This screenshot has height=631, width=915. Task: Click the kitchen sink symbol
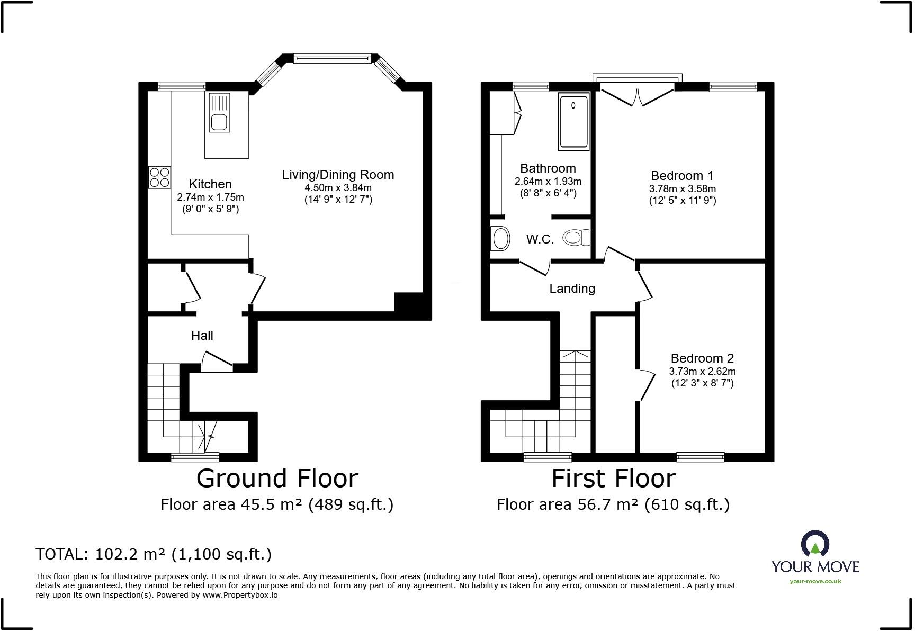(219, 113)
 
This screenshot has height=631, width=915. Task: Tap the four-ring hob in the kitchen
(159, 177)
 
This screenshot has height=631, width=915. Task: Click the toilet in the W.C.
(576, 238)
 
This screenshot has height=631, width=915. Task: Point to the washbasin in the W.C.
(500, 239)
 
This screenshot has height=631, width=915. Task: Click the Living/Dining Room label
(338, 175)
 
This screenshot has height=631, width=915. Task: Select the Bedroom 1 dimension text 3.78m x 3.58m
(682, 189)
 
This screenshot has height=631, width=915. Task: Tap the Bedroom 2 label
(702, 358)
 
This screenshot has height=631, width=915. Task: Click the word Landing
(572, 289)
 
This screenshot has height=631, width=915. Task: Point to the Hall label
(202, 336)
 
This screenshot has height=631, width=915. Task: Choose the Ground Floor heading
(277, 479)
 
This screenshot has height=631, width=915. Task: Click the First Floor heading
(613, 479)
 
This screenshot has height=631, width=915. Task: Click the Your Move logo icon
(815, 544)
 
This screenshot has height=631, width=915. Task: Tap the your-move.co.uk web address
(815, 581)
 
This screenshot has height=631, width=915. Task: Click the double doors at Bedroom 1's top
(638, 96)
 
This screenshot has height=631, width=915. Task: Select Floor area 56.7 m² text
(613, 504)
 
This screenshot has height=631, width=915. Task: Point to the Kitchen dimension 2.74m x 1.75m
(210, 197)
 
